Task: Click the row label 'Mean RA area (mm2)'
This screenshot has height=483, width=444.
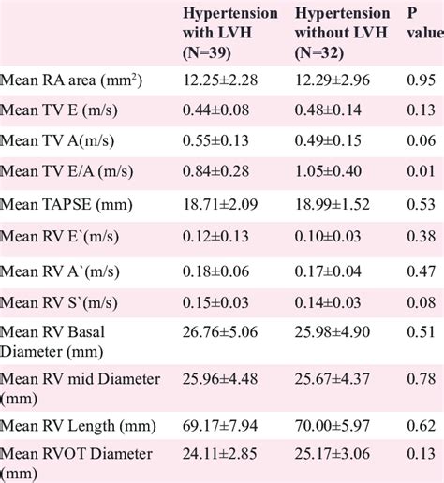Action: [71, 80]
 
